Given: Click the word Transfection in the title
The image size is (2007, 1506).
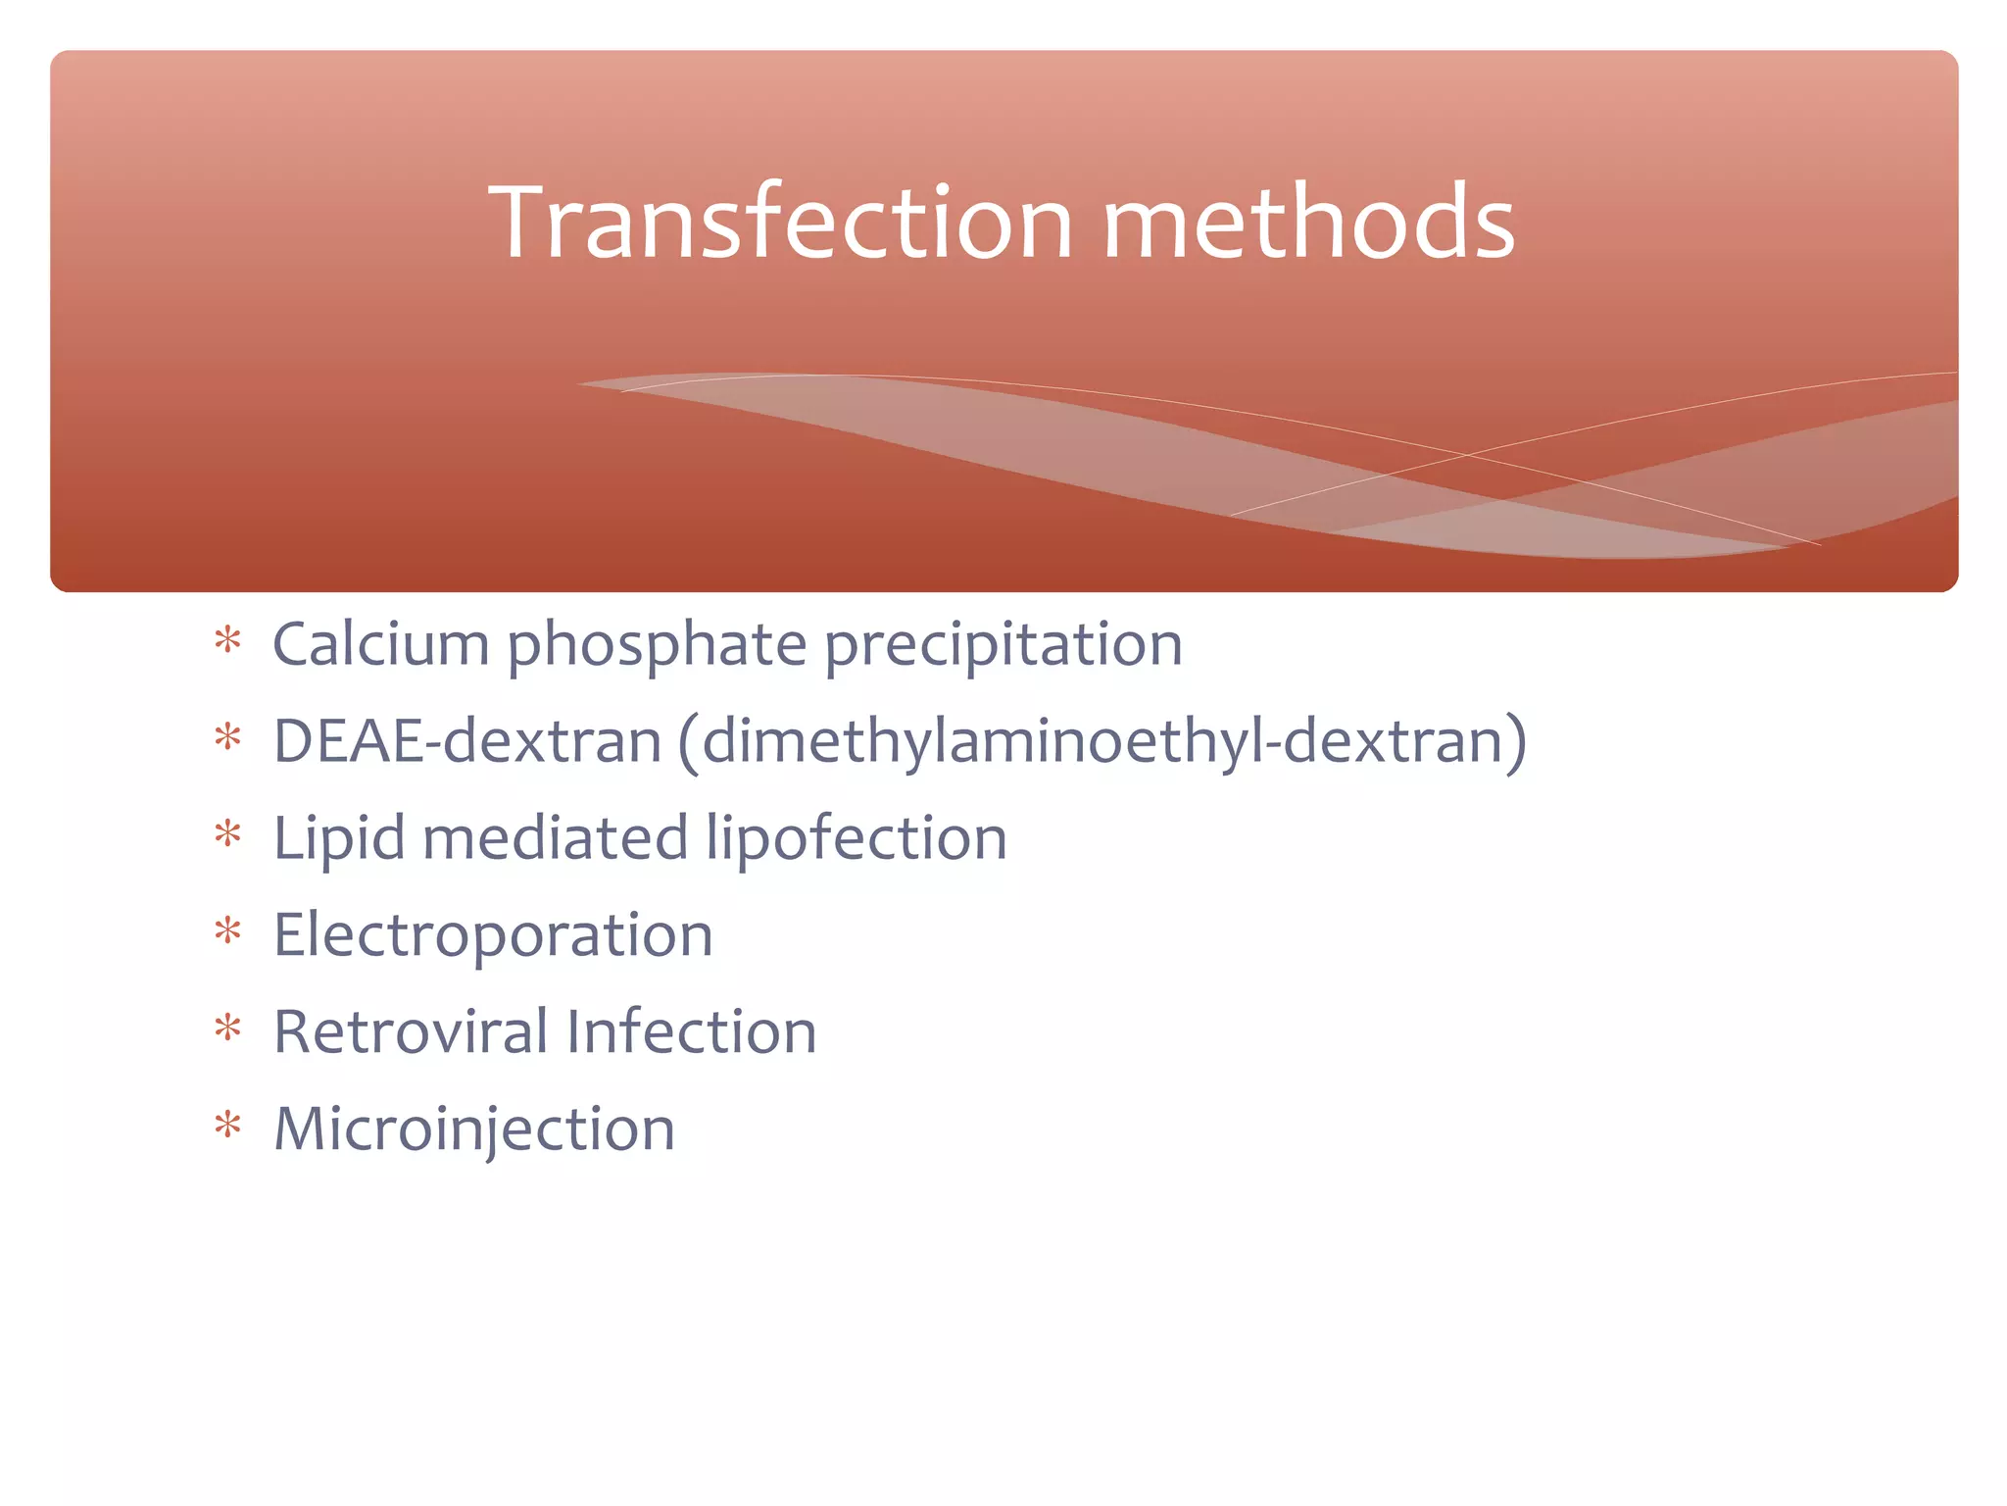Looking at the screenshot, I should point(780,223).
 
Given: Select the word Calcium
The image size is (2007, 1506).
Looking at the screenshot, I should point(380,644).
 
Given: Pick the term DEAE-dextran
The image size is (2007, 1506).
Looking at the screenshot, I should point(466,740).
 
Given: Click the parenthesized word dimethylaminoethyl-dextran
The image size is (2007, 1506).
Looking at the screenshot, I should point(1101,742).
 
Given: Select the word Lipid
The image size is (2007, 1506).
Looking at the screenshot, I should point(338,839).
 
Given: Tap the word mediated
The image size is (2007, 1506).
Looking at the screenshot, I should point(555,838).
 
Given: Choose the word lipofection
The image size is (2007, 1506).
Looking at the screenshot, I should point(856,839).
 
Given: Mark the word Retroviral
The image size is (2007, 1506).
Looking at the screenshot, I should point(411,1031).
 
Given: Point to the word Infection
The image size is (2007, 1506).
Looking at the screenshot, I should point(691,1031).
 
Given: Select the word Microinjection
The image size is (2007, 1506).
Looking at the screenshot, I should point(474,1129).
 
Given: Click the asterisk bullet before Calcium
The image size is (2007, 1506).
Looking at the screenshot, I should point(227,641).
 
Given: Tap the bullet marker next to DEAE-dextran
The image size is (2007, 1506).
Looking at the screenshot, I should point(227,737).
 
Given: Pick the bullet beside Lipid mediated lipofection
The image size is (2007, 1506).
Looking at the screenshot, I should point(227,834).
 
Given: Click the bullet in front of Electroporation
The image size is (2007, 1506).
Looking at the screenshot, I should point(227,930).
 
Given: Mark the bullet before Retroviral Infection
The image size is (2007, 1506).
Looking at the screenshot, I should point(227,1028).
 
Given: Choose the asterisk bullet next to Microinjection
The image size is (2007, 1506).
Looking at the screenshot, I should point(227,1125).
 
